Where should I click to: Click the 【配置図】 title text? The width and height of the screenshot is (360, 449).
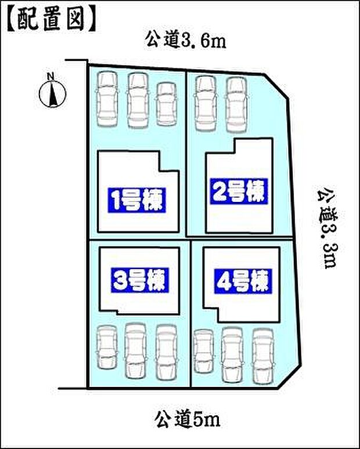click(51, 19)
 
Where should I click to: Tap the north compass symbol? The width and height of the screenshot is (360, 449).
click(53, 92)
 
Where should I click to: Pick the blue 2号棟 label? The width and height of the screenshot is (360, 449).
click(238, 191)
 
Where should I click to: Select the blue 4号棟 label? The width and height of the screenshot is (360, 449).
click(241, 281)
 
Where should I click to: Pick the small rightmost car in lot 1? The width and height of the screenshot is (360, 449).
click(167, 103)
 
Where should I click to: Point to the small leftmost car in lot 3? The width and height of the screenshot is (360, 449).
click(107, 347)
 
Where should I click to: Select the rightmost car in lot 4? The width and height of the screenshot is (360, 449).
click(262, 356)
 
